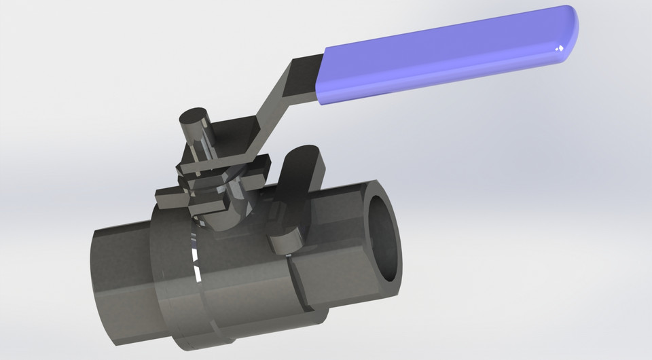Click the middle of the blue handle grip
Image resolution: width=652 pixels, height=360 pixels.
click(448, 58)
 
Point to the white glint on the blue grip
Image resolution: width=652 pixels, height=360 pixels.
click(560, 48)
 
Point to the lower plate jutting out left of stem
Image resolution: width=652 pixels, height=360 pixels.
click(173, 198)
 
